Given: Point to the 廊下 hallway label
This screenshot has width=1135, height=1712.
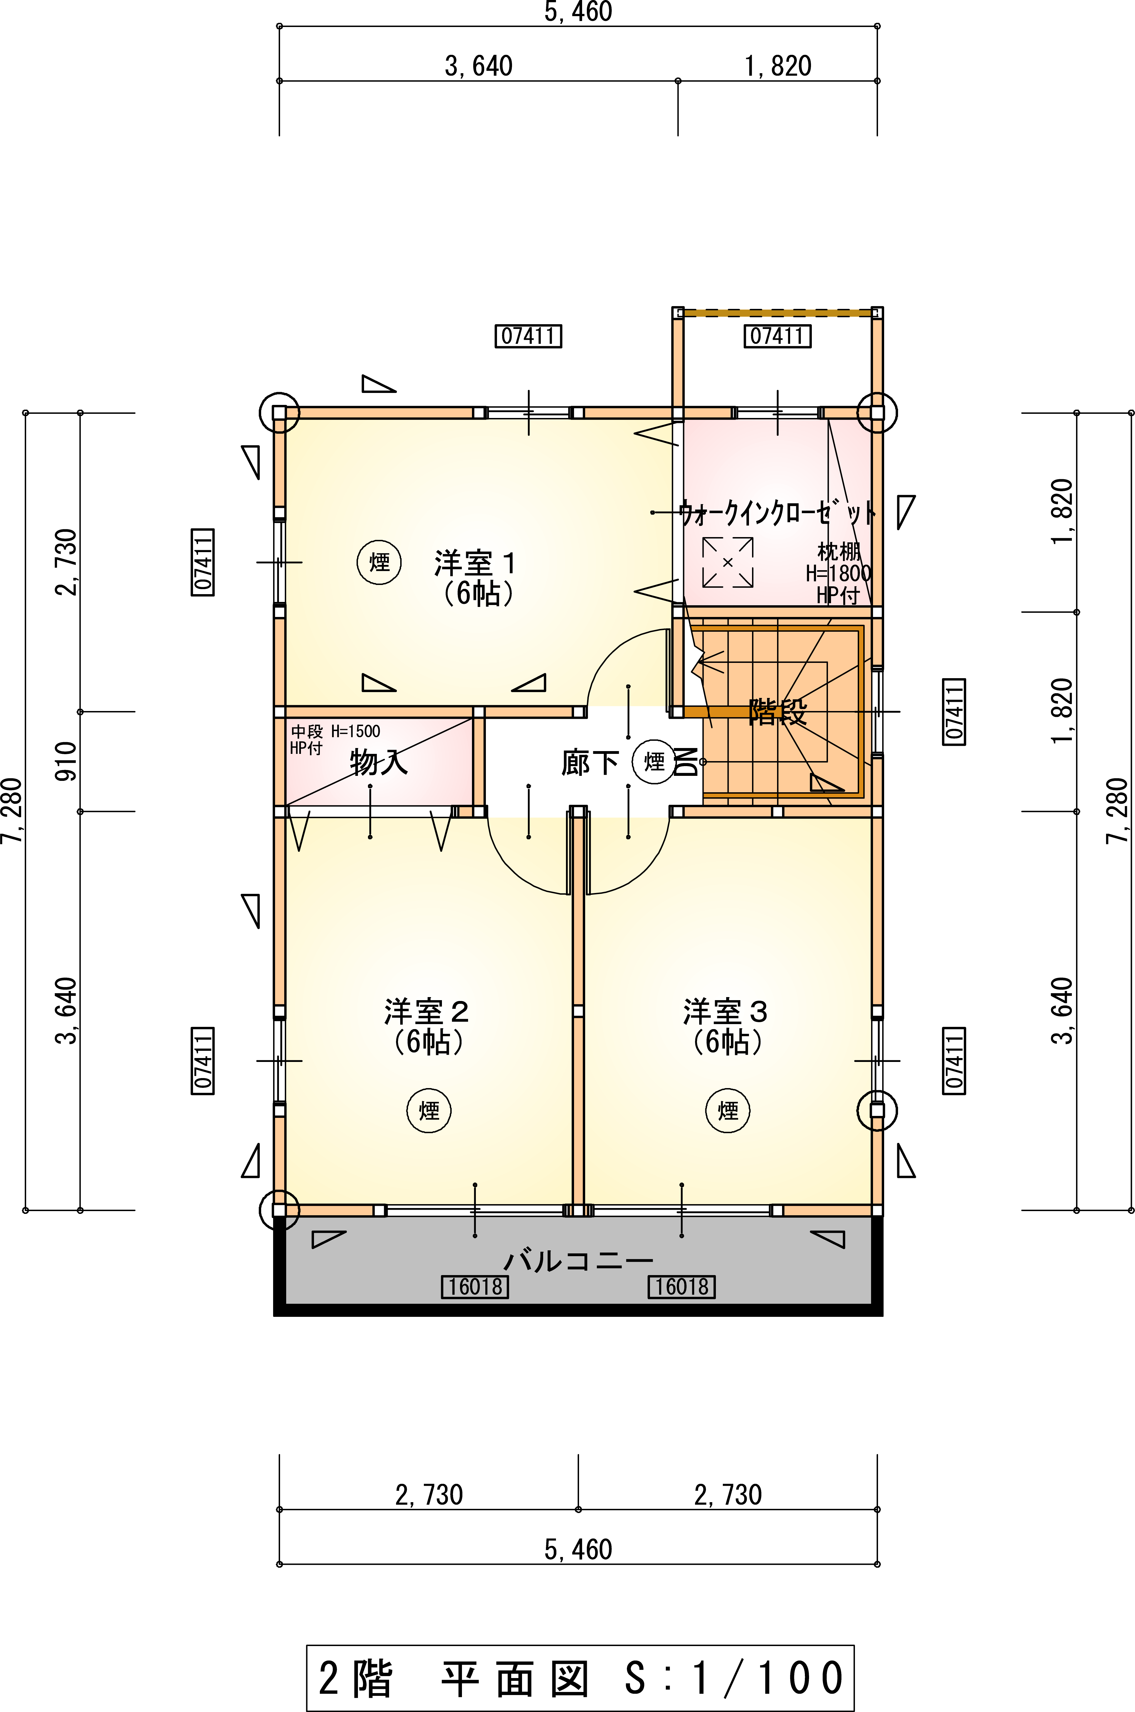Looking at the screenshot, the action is coord(590,762).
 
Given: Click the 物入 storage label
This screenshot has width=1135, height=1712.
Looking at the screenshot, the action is coord(379,762).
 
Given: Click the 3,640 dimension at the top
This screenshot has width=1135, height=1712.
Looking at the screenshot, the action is coord(478,66).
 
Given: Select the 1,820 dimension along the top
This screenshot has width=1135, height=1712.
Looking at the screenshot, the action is coord(778,66).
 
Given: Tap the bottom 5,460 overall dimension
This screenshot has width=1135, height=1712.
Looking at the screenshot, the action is coord(578,1549).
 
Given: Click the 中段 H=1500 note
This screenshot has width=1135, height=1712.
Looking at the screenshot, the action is coord(335,731).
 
